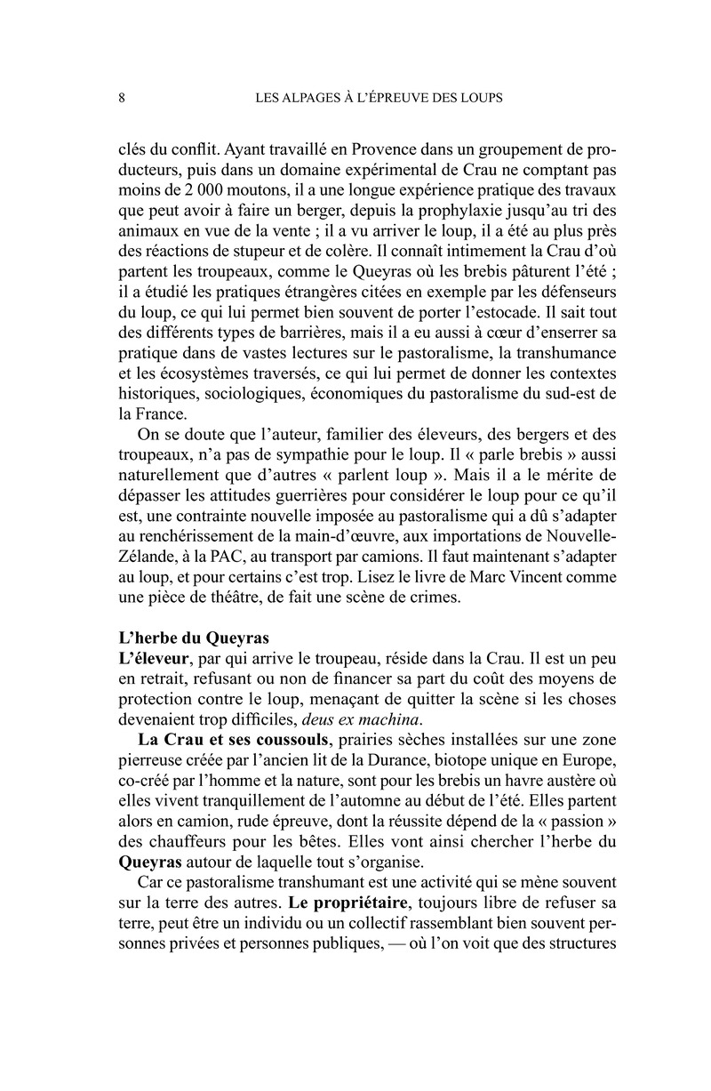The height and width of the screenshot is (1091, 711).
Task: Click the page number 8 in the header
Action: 121,97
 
